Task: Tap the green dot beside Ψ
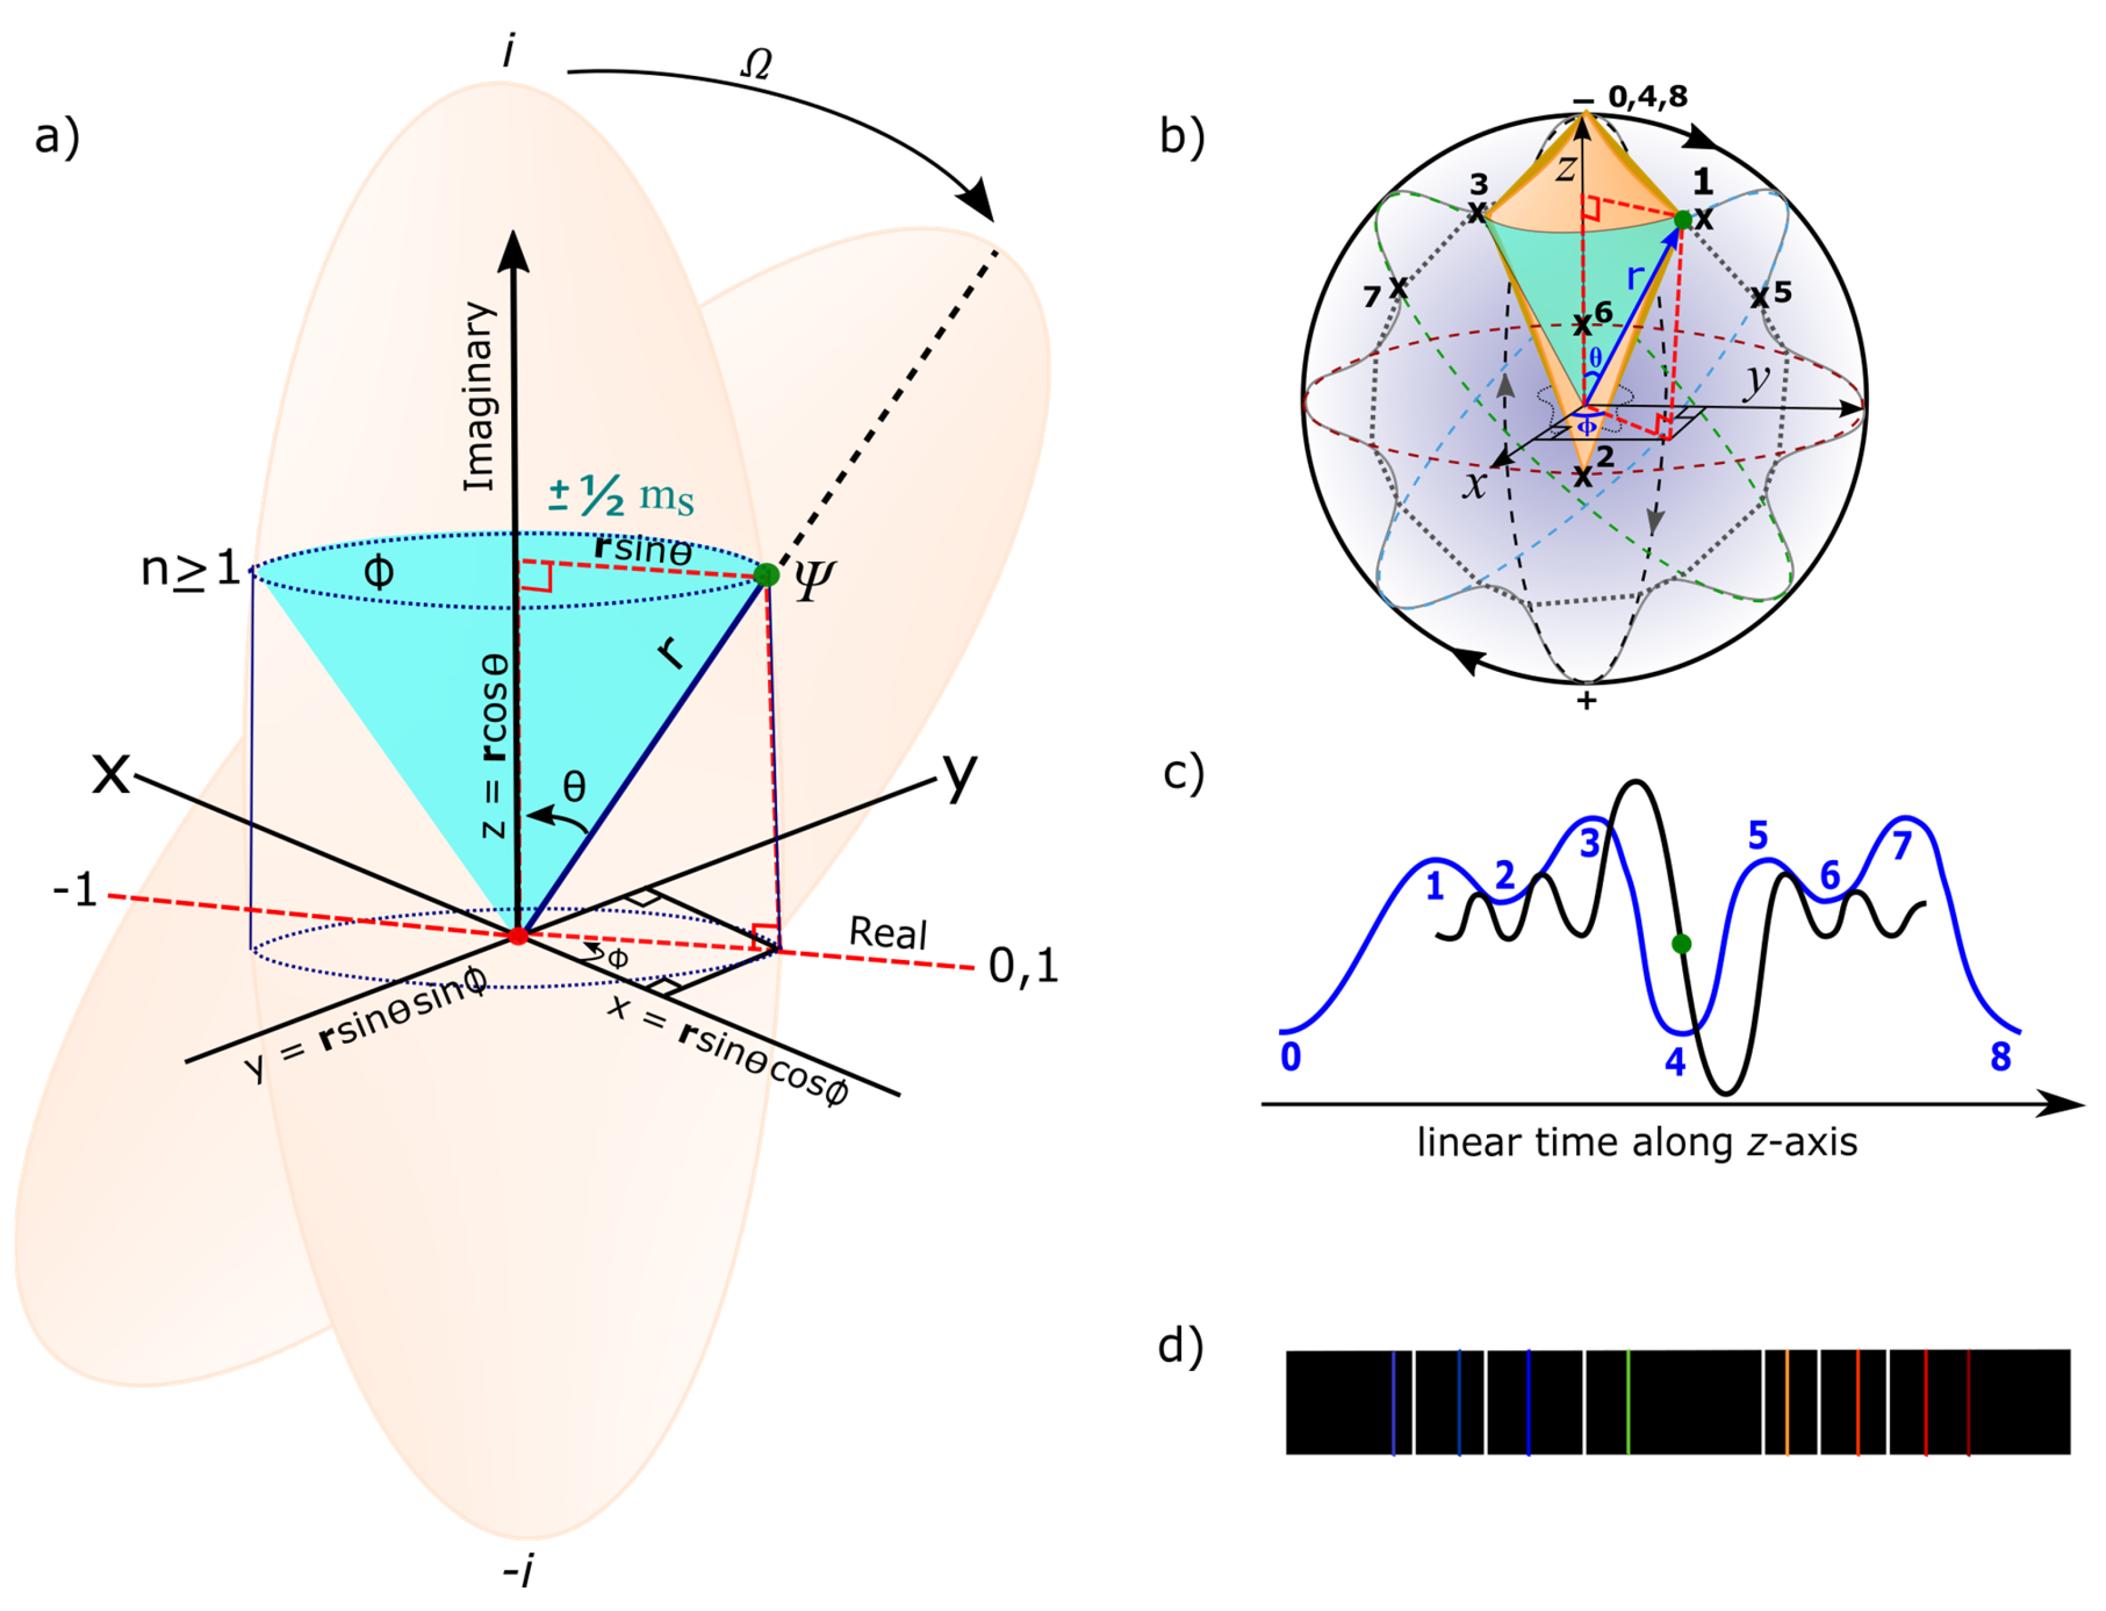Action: click(x=766, y=575)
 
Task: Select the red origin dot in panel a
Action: click(x=518, y=935)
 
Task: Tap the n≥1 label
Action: click(x=190, y=569)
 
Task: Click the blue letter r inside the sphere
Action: click(x=1635, y=278)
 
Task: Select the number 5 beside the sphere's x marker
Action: click(x=1783, y=292)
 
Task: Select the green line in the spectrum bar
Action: click(x=1628, y=1402)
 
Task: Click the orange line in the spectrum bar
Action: click(x=1788, y=1402)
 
